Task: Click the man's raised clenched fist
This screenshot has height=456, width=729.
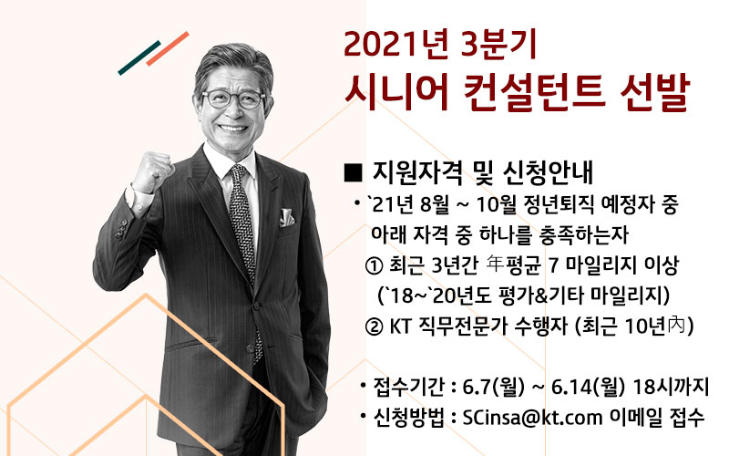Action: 152,171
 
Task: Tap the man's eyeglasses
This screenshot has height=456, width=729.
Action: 233,99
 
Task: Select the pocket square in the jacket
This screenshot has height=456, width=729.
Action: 286,217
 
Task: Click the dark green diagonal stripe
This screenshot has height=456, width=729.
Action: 139,57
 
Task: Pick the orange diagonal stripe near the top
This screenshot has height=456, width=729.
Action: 168,48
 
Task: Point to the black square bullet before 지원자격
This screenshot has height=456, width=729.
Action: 354,172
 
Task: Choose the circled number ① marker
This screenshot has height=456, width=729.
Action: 374,266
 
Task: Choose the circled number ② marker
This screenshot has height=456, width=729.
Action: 374,326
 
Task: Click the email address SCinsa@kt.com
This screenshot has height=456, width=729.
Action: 532,417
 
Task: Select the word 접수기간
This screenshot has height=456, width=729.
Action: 408,387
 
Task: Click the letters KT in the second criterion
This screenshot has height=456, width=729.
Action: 401,326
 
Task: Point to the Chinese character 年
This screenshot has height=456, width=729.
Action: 494,265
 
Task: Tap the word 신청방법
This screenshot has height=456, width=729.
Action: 408,418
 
